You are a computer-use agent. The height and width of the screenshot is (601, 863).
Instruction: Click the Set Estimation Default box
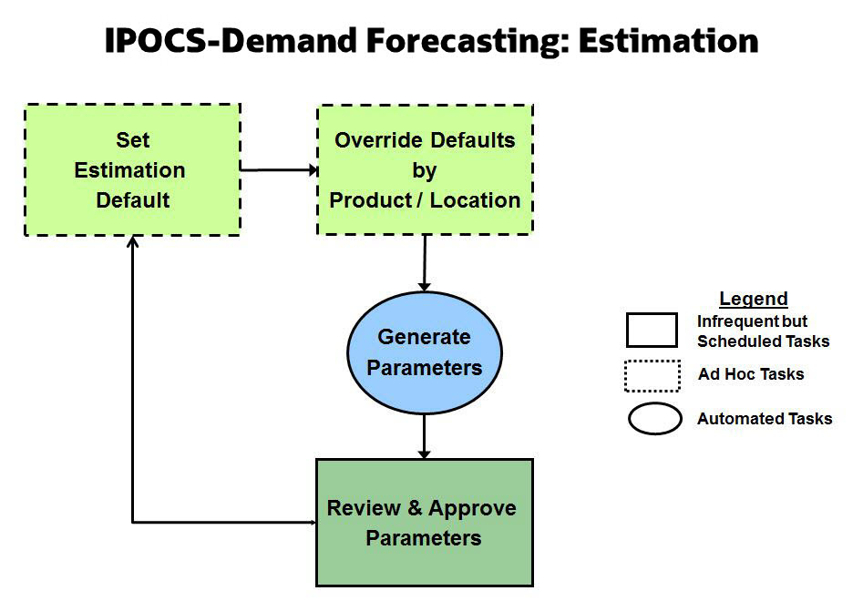[x=131, y=170]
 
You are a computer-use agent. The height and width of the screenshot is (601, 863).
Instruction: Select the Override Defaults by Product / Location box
[x=425, y=170]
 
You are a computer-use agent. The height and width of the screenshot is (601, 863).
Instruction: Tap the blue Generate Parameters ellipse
[x=425, y=352]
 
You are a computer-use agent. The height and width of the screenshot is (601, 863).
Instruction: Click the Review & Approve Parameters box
[x=425, y=523]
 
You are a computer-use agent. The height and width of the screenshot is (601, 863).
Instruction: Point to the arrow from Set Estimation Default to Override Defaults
[x=278, y=169]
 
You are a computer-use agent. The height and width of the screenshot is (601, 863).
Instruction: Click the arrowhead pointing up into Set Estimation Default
[x=133, y=242]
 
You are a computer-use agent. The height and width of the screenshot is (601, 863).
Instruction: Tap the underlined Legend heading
[x=753, y=299]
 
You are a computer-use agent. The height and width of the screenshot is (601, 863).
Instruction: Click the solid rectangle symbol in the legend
[x=652, y=331]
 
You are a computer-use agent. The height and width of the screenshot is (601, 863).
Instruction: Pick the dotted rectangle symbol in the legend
[x=652, y=375]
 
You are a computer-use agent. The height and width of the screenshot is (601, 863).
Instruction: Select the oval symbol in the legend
[x=654, y=419]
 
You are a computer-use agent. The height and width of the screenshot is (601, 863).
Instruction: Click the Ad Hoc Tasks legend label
[x=751, y=374]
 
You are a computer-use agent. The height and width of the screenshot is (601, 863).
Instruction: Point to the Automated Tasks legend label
[x=765, y=419]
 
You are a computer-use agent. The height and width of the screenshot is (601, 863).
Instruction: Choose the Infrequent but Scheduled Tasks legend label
[x=763, y=331]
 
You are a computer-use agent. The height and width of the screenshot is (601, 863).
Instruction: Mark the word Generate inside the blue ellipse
[x=425, y=337]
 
